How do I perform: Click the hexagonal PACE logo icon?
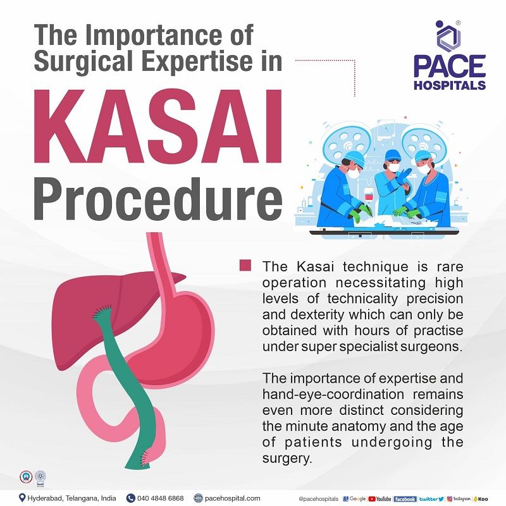pos(449,37)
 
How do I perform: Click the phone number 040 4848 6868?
pos(161,498)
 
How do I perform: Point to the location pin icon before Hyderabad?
pos(23,498)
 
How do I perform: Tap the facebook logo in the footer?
pos(404,498)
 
